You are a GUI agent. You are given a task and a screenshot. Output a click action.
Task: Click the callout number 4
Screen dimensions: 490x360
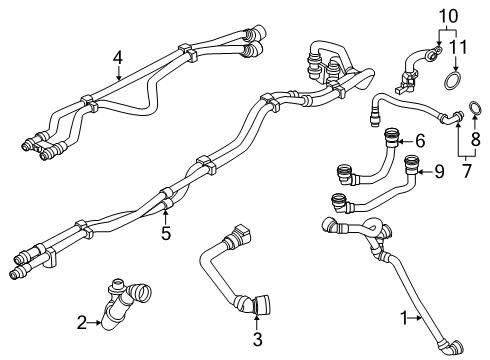pos(117,58)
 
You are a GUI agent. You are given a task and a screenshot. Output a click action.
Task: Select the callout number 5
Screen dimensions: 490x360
pos(166,233)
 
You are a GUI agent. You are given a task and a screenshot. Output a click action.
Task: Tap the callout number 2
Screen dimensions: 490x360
pos(82,323)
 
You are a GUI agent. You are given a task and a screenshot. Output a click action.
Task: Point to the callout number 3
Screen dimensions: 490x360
pos(257,339)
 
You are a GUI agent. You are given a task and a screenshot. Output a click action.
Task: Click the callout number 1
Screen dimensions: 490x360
pos(404,318)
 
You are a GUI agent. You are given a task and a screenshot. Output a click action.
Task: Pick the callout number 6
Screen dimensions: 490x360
pos(420,141)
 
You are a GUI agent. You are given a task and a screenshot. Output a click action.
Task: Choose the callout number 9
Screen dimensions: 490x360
pos(439,172)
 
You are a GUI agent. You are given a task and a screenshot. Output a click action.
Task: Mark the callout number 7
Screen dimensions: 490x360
pos(467,171)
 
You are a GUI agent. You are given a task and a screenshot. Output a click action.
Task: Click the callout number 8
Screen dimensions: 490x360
pos(476,139)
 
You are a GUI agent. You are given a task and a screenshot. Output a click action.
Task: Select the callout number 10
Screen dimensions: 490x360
pos(448,16)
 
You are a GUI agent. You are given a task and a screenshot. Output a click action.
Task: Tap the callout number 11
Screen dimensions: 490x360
pos(458,47)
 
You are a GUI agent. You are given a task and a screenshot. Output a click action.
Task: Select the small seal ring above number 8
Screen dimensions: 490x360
pos(475,108)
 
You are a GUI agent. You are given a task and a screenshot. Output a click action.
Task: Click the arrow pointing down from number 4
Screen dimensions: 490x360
pos(119,73)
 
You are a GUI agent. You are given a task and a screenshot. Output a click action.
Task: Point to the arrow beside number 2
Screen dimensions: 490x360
pos(95,322)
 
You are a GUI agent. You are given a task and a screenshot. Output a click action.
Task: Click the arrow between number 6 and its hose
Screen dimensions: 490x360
pos(406,142)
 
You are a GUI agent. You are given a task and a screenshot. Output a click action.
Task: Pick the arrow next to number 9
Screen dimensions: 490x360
pos(425,172)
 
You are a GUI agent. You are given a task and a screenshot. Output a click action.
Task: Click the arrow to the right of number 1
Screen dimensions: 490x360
pos(415,318)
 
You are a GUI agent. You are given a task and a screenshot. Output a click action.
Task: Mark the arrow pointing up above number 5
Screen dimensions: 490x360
pos(165,215)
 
